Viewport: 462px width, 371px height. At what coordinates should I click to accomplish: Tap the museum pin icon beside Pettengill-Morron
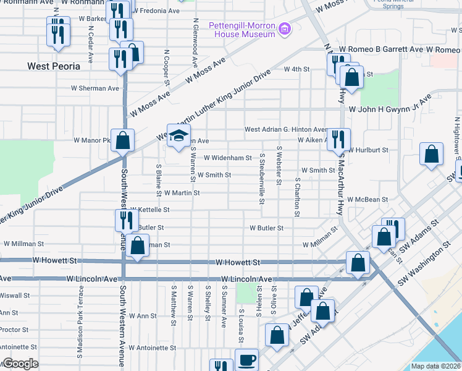[x=284, y=28]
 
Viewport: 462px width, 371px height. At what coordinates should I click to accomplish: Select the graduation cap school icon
[x=178, y=135]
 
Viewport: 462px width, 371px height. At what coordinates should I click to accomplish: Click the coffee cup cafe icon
[x=247, y=359]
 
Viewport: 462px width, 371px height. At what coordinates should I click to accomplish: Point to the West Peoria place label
[x=54, y=66]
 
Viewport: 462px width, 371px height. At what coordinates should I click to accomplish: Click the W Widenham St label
[x=227, y=158]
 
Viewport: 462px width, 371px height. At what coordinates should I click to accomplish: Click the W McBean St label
[x=367, y=200]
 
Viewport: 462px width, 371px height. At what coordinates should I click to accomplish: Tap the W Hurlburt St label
[x=367, y=150]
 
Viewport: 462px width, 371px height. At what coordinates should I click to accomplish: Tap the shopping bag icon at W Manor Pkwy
[x=123, y=140]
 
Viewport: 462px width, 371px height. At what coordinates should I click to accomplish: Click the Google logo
[x=20, y=364]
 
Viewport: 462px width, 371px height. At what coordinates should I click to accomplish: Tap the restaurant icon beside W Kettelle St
[x=125, y=220]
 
